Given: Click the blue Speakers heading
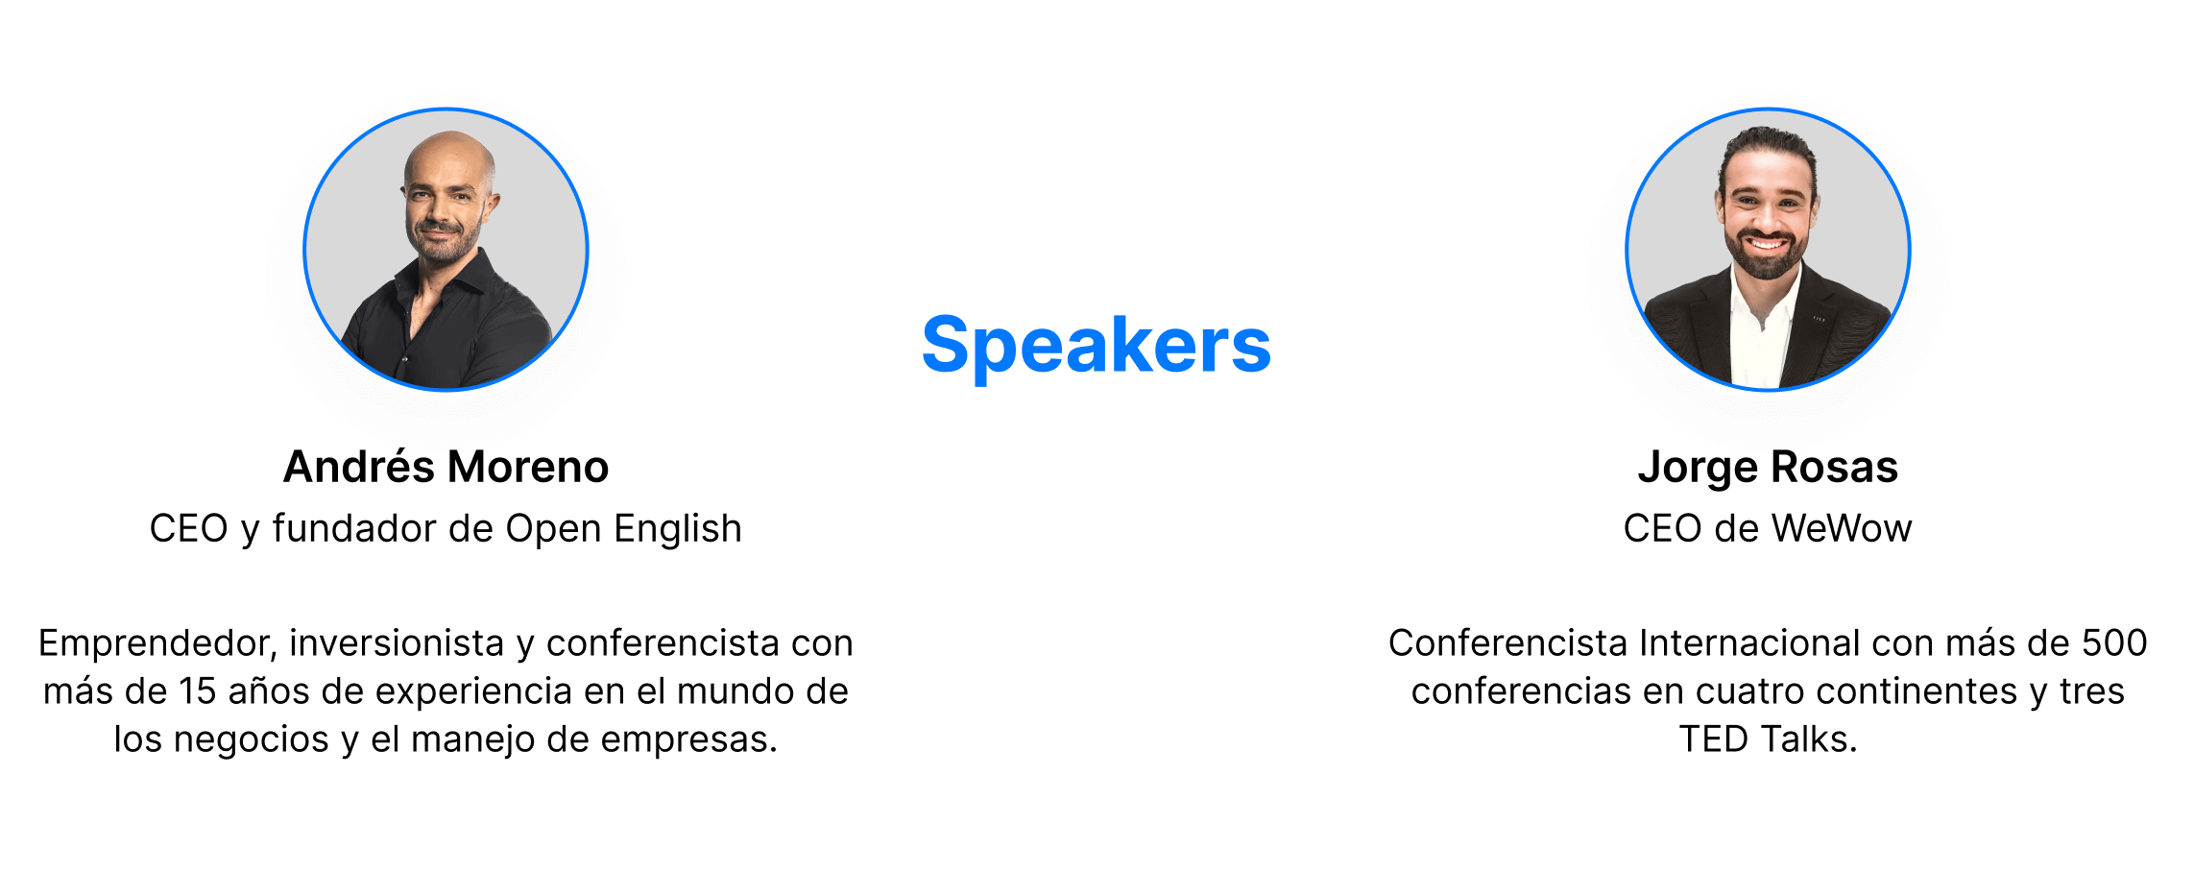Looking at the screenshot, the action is (x=1097, y=347).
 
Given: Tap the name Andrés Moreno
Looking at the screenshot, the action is (x=446, y=467).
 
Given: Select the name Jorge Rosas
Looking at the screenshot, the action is (x=1768, y=468).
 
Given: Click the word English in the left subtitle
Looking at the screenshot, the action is (x=678, y=529).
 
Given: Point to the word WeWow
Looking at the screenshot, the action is (x=1842, y=529).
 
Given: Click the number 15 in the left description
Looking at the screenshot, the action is (x=199, y=691).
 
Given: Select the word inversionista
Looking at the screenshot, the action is (x=397, y=643).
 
